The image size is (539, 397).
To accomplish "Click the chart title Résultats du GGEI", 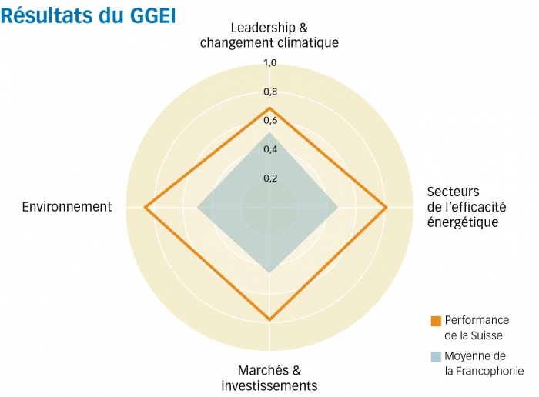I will (89, 15).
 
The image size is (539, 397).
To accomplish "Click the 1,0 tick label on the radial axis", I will (269, 63).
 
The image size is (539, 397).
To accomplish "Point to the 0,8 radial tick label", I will (269, 92).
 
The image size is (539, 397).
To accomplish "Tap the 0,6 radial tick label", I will (269, 121).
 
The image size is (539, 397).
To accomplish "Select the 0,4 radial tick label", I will (269, 149).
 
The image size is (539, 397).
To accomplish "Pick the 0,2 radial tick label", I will (269, 178).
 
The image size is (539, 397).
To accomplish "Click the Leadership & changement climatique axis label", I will (269, 35).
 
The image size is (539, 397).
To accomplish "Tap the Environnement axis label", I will (67, 207).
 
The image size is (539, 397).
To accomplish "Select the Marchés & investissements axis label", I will (269, 378).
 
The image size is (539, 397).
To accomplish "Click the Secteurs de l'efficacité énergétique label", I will (463, 207).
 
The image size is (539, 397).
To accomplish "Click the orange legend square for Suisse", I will (436, 320).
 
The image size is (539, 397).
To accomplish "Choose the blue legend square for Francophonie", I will (436, 356).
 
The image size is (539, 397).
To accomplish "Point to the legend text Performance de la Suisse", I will (477, 327).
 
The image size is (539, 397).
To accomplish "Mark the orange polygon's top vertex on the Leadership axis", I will (269, 108).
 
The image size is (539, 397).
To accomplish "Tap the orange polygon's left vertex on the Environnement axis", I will (145, 207).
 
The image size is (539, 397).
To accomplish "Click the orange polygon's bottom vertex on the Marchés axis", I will (269, 319).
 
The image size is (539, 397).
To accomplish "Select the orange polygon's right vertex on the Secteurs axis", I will (386, 207).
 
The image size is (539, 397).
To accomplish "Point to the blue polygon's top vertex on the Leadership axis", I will (269, 133).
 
